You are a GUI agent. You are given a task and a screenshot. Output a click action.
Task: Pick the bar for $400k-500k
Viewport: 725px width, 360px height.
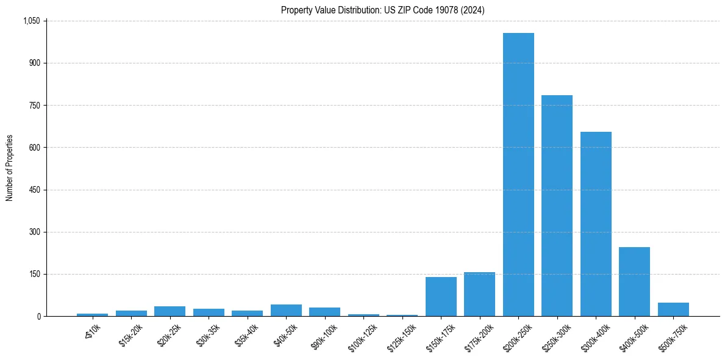click(x=634, y=281)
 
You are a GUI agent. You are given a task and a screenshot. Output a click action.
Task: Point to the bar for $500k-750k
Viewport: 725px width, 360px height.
click(x=673, y=309)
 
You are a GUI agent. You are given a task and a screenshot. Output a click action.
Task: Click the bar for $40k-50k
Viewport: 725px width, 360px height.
click(x=286, y=310)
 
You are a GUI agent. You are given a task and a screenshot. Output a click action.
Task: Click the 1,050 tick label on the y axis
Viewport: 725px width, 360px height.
click(x=31, y=21)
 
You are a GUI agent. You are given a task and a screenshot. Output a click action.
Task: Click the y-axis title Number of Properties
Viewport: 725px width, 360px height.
click(x=10, y=168)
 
